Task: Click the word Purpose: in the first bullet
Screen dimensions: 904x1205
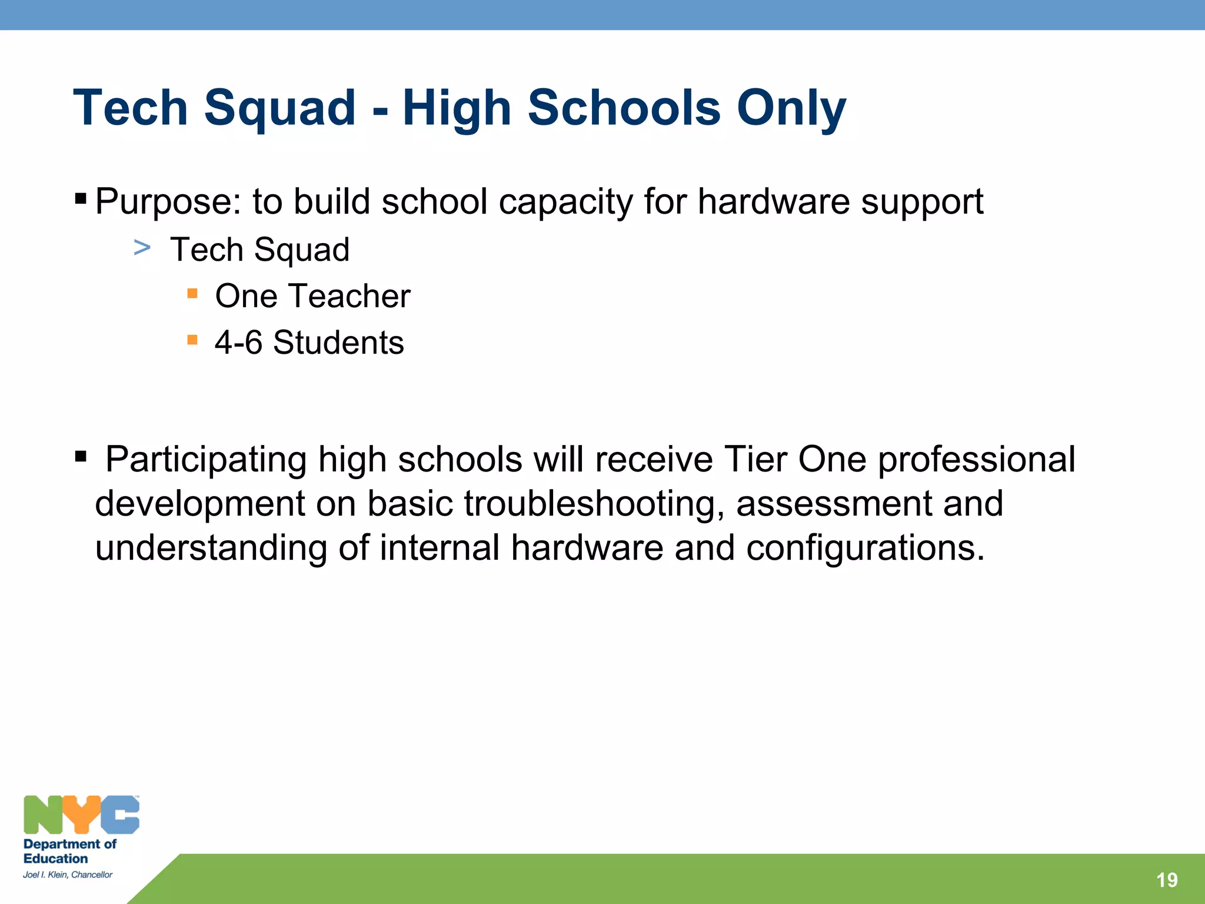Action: click(x=168, y=202)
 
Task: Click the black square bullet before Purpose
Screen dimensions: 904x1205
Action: click(x=81, y=198)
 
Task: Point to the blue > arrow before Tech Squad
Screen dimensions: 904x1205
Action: click(x=142, y=248)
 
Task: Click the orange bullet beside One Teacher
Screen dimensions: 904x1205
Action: click(x=192, y=293)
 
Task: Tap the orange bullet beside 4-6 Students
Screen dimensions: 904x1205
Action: click(x=192, y=340)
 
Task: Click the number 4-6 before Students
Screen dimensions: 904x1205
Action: click(x=238, y=343)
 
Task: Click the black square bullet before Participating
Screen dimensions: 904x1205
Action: click(x=81, y=456)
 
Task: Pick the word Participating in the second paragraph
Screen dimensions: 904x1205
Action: click(x=206, y=460)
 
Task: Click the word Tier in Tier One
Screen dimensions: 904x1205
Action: click(x=755, y=459)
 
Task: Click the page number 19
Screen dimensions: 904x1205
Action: click(x=1166, y=880)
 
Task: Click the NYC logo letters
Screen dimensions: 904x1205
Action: click(x=81, y=815)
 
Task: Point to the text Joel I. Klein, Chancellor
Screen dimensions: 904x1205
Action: click(x=68, y=875)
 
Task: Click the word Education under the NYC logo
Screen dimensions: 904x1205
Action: click(x=55, y=859)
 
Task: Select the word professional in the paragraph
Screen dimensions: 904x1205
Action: click(x=976, y=460)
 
